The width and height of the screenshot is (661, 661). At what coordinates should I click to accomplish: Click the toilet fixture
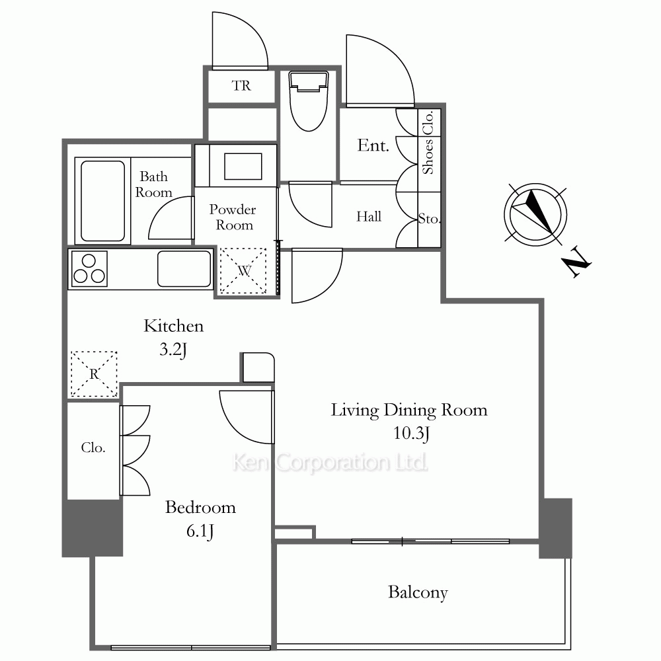pos(309,101)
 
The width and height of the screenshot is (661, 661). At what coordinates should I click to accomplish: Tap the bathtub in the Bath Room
pos(103,201)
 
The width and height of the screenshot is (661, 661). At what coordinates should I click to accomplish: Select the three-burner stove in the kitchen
pos(89,269)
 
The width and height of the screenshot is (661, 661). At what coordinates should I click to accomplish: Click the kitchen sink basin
pos(184,269)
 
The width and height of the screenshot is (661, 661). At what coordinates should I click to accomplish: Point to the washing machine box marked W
pos(243,270)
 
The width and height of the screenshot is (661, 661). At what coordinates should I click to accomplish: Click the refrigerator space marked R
pos(94,374)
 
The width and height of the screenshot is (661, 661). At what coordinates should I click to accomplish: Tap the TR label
pos(241,85)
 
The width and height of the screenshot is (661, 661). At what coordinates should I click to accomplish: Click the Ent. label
pos(373,145)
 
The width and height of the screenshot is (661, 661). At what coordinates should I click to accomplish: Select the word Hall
pos(369,217)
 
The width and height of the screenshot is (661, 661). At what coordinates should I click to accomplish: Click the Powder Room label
pos(233,217)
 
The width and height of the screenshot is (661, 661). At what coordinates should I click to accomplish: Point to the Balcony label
pos(418,592)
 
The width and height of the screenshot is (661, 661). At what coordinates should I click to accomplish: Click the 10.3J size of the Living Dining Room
pos(411,434)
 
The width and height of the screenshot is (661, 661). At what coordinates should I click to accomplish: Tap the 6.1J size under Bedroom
pos(200,531)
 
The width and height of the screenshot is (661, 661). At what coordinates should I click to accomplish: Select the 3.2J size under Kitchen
pos(173,350)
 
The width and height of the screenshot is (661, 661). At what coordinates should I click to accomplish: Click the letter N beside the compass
pos(576,264)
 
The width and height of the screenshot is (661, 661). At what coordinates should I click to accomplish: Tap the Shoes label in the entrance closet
pos(428,157)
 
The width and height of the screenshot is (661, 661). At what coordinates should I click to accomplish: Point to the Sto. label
pos(429,218)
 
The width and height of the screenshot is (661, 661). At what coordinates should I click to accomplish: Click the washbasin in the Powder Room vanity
pos(243,167)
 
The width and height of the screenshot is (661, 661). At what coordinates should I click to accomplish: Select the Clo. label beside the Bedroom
pos(93,447)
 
